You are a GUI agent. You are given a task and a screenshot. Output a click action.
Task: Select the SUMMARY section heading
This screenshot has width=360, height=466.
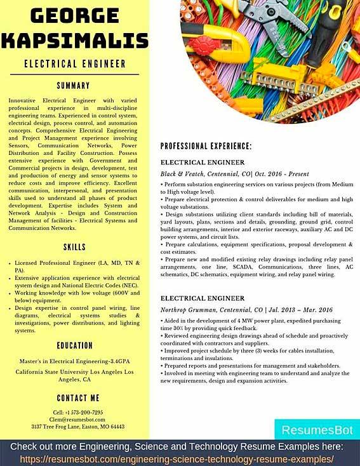pos(75,85)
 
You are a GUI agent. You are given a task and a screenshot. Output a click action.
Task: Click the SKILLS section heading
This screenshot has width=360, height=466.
pos(75,246)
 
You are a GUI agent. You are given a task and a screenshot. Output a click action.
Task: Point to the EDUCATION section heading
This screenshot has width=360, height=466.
pos(75,345)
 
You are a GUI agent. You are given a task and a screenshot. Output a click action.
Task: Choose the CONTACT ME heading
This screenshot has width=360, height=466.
pos(75,398)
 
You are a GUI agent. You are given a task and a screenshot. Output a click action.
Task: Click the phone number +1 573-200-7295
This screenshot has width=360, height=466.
pos(75,411)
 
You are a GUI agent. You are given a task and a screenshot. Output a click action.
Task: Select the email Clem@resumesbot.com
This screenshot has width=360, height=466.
pos(75,419)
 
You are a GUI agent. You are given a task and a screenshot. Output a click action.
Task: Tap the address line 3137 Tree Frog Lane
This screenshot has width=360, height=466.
pos(75,427)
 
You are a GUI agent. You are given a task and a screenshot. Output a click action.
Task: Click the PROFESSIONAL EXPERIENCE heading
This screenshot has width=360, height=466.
pos(206,146)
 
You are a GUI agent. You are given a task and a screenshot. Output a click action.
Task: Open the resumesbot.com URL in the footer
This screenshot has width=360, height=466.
pos(180,458)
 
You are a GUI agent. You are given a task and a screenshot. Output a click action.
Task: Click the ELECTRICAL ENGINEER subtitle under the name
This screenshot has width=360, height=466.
pos(75,63)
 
